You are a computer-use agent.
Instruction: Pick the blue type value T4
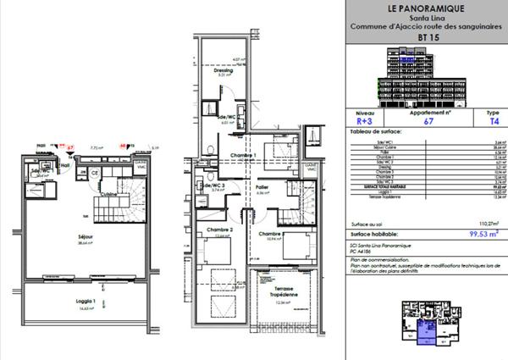point(482,121)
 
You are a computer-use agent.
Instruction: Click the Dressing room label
point(223,70)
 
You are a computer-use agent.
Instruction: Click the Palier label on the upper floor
point(262,187)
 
